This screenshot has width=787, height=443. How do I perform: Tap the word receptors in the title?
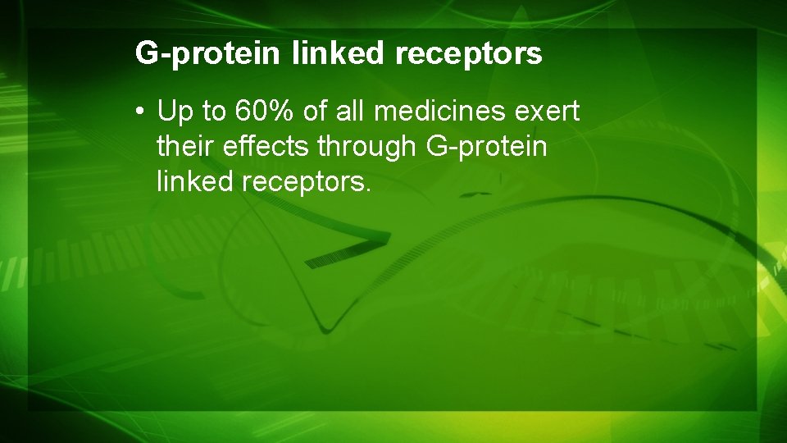pyautogui.click(x=468, y=54)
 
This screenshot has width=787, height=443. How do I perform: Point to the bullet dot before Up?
pyautogui.click(x=143, y=111)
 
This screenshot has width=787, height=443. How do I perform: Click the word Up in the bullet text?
pyautogui.click(x=175, y=111)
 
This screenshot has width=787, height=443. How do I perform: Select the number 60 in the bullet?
pyautogui.click(x=247, y=111)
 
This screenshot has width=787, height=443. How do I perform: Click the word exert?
pyautogui.click(x=551, y=111)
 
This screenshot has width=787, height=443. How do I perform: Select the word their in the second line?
pyautogui.click(x=180, y=146)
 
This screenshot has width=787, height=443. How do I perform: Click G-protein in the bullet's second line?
pyautogui.click(x=486, y=146)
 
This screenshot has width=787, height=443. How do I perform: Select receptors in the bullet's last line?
pyautogui.click(x=303, y=181)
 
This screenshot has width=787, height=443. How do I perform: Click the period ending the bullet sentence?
pyautogui.click(x=369, y=189)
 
